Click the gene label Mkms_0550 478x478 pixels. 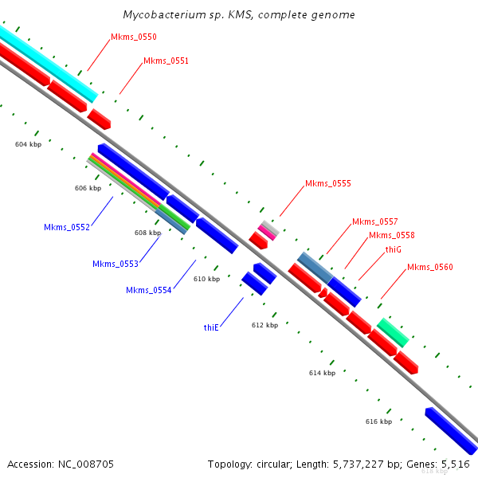tap(134, 37)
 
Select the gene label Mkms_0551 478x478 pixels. tap(166, 61)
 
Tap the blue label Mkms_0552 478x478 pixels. tap(67, 227)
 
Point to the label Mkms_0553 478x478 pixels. tap(115, 264)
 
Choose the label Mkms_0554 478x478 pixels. tap(148, 290)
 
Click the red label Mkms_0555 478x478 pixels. tap(327, 183)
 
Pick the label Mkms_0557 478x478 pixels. tap(374, 221)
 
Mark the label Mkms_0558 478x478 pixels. tap(391, 236)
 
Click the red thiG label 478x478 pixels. tap(393, 249)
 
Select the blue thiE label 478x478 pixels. tap(211, 327)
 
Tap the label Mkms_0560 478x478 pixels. tap(429, 267)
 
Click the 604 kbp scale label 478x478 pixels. tap(28, 144)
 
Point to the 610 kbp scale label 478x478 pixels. tap(206, 279)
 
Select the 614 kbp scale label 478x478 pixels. tap(322, 373)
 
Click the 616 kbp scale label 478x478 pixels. tap(378, 421)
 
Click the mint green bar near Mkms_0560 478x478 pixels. tap(393, 332)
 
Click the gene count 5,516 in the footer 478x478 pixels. tap(455, 464)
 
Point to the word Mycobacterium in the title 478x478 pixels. tap(159, 15)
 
